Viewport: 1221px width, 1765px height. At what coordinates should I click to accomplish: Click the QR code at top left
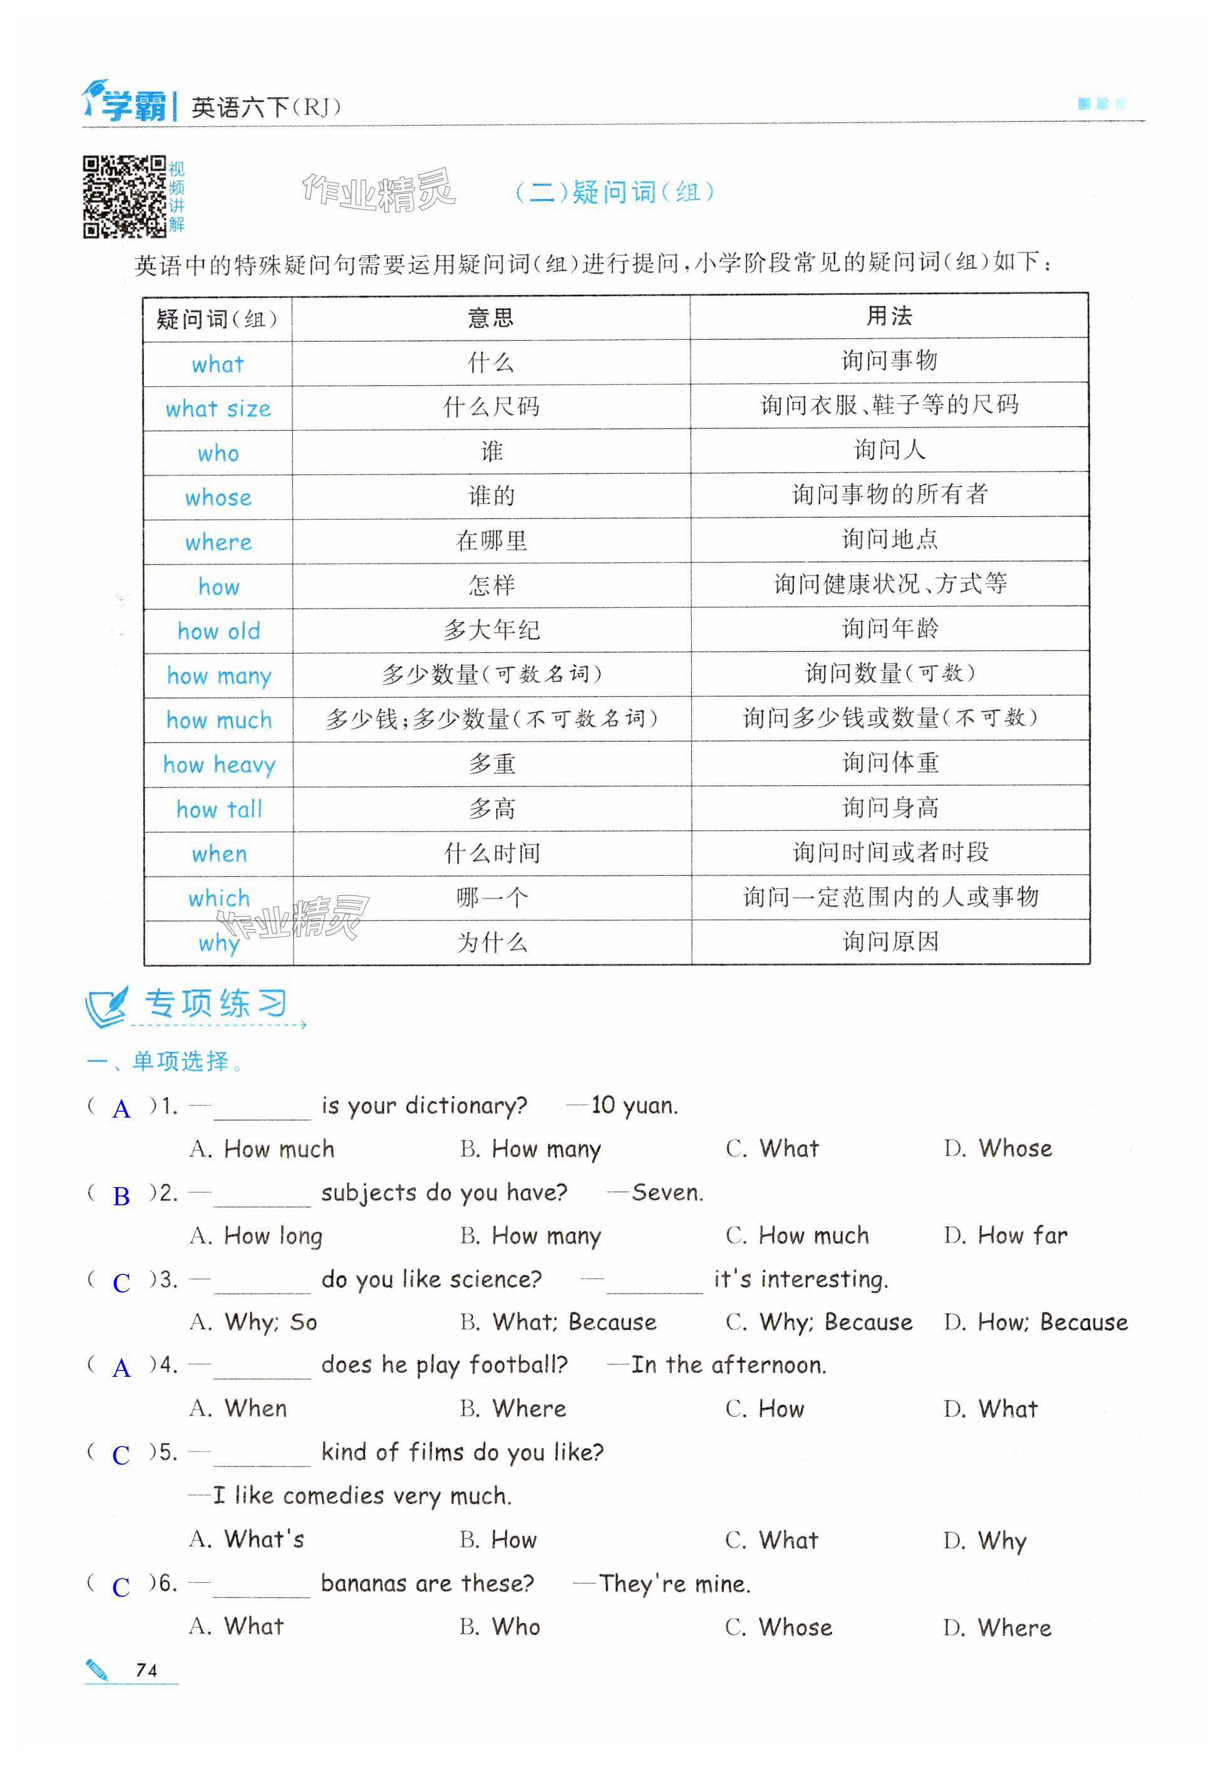(x=124, y=197)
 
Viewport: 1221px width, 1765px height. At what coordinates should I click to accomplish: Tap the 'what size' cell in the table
(x=218, y=409)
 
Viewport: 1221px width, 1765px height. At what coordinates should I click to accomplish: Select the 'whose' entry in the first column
(x=218, y=498)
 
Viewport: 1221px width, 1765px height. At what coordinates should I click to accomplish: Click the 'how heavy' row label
(x=219, y=765)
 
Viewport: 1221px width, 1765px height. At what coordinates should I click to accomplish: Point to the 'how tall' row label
(x=219, y=810)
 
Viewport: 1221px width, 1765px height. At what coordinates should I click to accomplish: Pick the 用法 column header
(x=889, y=316)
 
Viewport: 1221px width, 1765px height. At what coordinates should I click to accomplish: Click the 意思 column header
(x=490, y=317)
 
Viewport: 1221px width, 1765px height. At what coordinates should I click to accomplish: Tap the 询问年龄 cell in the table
(x=890, y=629)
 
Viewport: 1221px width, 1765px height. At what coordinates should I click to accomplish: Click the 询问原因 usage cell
(x=890, y=942)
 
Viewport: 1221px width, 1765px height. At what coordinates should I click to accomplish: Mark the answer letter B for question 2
(x=121, y=1196)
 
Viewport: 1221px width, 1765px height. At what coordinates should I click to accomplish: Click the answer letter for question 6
(x=121, y=1587)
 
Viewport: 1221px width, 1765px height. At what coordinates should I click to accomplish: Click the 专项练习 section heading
(x=215, y=1004)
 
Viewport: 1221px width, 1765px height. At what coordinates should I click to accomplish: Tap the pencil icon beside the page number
(x=97, y=1669)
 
